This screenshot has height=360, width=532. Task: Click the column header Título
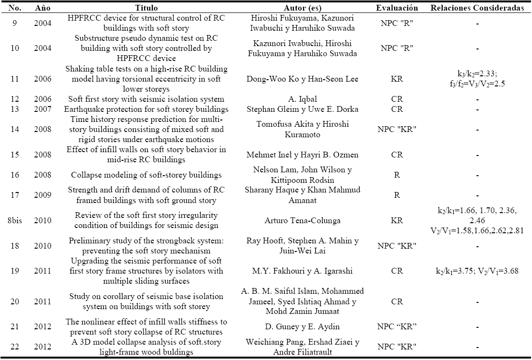coord(147,8)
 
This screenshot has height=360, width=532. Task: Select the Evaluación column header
coord(397,8)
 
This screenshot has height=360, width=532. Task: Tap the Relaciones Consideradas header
coord(477,8)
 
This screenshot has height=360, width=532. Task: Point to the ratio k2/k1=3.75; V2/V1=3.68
coord(477,271)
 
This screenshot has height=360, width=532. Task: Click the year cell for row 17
coord(42,195)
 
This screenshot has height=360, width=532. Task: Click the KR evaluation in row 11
coord(397,79)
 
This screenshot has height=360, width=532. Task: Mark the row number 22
coord(13,347)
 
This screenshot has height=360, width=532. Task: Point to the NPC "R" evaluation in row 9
coord(397,23)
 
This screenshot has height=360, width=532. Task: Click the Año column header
coord(42,8)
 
